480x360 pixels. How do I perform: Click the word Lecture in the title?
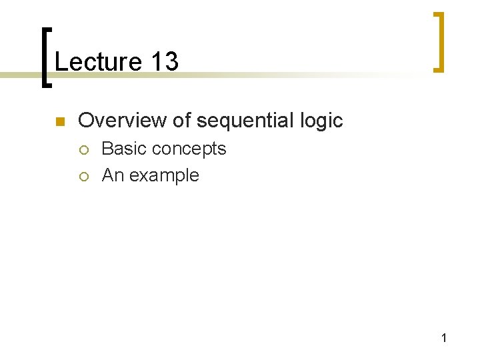98,62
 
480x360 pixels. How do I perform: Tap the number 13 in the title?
165,62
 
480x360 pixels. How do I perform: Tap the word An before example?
112,175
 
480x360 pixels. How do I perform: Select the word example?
164,176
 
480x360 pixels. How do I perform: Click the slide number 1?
444,339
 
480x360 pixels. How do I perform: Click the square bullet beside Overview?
59,121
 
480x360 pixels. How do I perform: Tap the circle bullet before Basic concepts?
84,149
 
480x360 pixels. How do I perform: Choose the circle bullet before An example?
84,176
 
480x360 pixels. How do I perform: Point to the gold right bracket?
437,41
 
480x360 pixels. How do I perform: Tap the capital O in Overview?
86,121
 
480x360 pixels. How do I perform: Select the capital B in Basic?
107,149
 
